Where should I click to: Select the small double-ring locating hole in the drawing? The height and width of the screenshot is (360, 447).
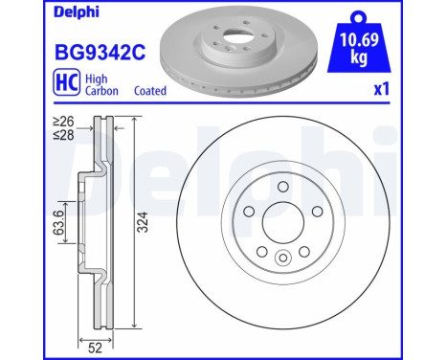[282, 258]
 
